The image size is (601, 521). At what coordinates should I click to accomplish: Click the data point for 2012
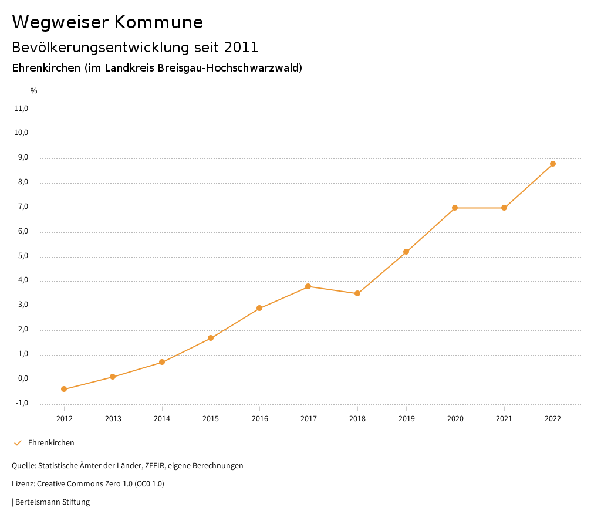pyautogui.click(x=64, y=389)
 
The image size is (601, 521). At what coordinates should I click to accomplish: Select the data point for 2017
pyautogui.click(x=308, y=286)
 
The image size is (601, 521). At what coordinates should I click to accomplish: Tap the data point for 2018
pyautogui.click(x=357, y=293)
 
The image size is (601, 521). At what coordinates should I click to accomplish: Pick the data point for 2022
pyautogui.click(x=553, y=164)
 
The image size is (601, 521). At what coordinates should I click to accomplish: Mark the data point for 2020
pyautogui.click(x=455, y=208)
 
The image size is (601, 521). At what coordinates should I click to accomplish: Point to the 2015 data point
pyautogui.click(x=211, y=338)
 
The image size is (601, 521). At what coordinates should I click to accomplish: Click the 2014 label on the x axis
pyautogui.click(x=162, y=418)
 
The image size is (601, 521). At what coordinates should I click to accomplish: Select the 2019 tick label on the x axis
pyautogui.click(x=406, y=418)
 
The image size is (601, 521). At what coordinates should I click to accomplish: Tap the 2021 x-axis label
pyautogui.click(x=504, y=418)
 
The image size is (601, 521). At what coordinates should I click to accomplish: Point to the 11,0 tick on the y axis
pyautogui.click(x=21, y=109)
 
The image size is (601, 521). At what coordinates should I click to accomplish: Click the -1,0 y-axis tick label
pyautogui.click(x=22, y=403)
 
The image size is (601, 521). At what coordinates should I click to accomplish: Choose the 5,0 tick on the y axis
pyautogui.click(x=23, y=256)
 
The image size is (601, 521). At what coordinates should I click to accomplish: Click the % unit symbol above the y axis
pyautogui.click(x=34, y=91)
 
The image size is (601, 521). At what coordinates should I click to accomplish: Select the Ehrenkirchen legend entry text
pyautogui.click(x=51, y=443)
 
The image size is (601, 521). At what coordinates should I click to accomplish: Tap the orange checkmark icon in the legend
pyautogui.click(x=18, y=443)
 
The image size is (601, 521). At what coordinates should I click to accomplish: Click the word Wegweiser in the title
pyautogui.click(x=59, y=22)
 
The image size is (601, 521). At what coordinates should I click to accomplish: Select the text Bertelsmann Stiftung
pyautogui.click(x=52, y=502)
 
